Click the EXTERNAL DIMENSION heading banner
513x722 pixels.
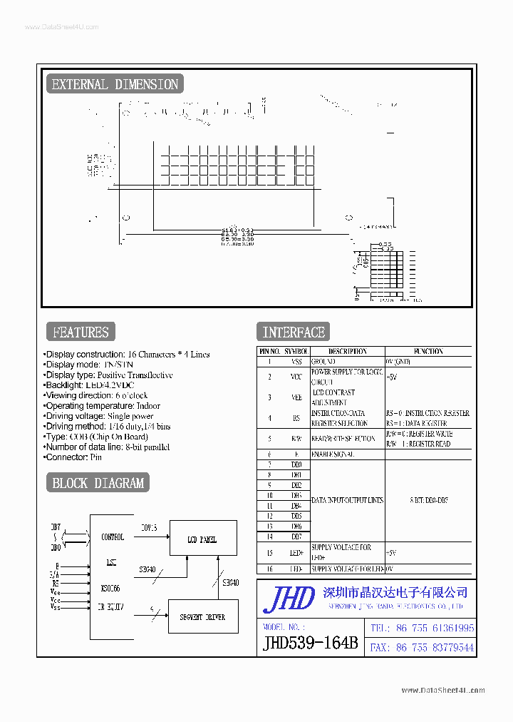tap(114, 84)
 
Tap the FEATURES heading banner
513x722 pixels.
tap(81, 332)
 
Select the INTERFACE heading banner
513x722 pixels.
tap(293, 332)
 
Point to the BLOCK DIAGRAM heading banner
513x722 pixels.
tap(98, 483)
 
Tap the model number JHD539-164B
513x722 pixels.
tap(310, 643)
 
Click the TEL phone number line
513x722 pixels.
tap(420, 629)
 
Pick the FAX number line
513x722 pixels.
tap(420, 648)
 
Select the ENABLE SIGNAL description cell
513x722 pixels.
tap(333, 454)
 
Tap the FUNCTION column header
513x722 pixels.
tap(427, 351)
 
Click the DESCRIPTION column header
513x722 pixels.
tap(347, 351)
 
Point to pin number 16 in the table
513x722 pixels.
tap(269, 569)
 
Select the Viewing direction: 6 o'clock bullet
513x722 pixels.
tap(95, 395)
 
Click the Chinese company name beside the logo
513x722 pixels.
tap(395, 592)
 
